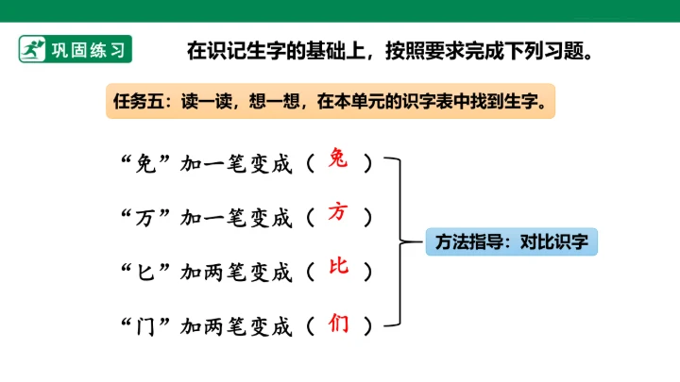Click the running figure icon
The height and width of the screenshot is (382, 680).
tap(32, 49)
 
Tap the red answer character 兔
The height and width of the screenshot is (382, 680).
tap(338, 158)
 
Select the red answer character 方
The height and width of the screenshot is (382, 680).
tap(338, 212)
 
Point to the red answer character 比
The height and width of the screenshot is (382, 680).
tap(338, 266)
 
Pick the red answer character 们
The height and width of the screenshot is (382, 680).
tap(338, 324)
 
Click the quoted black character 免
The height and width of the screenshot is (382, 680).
tap(145, 164)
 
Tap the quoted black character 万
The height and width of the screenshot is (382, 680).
tap(145, 218)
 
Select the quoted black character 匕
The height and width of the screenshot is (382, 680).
tap(145, 273)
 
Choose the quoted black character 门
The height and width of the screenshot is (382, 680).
tap(145, 326)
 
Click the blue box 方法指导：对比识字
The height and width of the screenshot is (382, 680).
tap(511, 241)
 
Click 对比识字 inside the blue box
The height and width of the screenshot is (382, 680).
tap(554, 241)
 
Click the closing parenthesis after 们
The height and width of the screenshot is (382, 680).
tap(367, 325)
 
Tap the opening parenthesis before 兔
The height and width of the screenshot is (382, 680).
tap(311, 163)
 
